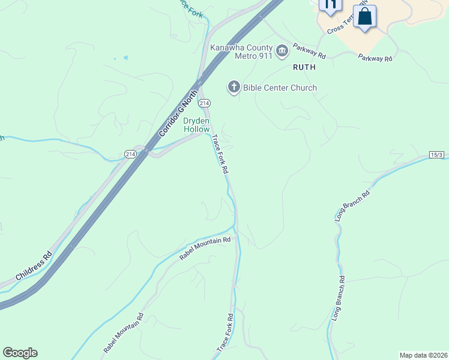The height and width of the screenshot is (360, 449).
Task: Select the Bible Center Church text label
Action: pos(280,88)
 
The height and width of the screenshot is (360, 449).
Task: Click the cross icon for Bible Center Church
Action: pos(234,88)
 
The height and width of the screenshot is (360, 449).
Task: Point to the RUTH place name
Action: pos(304,68)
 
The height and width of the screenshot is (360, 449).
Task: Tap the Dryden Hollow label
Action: pos(196,125)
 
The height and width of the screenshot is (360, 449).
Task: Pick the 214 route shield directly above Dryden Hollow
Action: pos(205,104)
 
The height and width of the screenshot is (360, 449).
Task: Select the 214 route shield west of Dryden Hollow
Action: pos(131,154)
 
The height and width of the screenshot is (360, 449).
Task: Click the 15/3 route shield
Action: pos(436,155)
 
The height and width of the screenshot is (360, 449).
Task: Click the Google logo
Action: pos(20,353)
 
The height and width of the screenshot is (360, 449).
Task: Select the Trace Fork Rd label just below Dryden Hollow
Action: pos(220,154)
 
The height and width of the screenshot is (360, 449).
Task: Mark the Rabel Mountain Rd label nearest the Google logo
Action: pos(124,334)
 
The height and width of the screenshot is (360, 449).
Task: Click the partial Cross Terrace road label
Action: pos(345,26)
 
